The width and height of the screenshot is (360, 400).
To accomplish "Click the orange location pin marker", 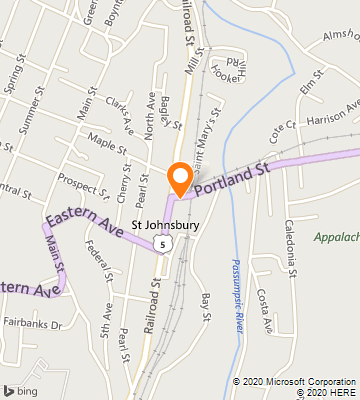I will click(x=180, y=178).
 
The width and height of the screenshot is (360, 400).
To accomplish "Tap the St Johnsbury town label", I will click(x=166, y=226).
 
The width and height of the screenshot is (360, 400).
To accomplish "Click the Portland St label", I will click(x=233, y=177).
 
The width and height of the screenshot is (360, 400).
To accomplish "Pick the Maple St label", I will click(x=107, y=145).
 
